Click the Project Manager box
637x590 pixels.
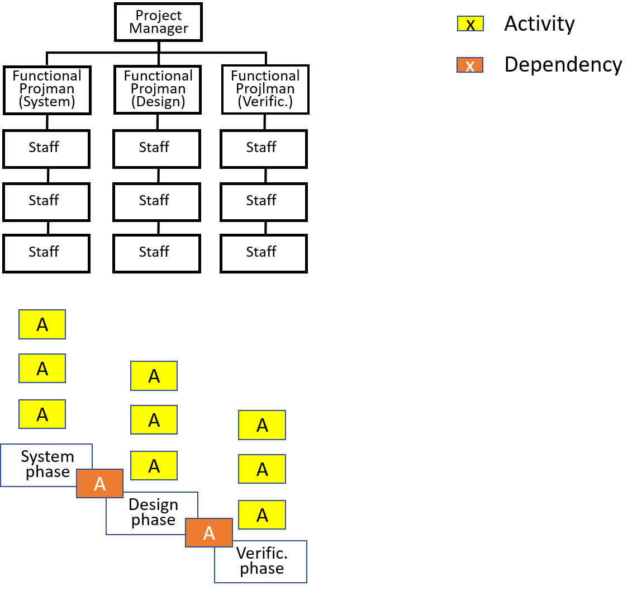point(159,22)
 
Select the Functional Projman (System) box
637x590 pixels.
point(47,90)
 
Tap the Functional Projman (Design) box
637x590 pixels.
point(158,89)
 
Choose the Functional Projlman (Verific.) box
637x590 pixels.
point(265,89)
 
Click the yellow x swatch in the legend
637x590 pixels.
point(470,23)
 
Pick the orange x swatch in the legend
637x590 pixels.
point(470,65)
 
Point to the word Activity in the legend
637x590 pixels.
point(540,23)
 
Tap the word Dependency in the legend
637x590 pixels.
point(563,65)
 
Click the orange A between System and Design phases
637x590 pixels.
point(100,484)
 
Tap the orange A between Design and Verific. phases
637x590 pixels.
point(209,532)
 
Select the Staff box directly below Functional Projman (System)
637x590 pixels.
point(46,149)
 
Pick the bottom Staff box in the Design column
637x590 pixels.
point(157,253)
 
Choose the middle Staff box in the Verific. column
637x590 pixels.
point(264,202)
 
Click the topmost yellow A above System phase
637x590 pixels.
point(42,324)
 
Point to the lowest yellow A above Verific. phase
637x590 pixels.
point(262,515)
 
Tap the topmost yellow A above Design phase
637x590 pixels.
point(154,376)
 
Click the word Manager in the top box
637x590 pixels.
point(159,29)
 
